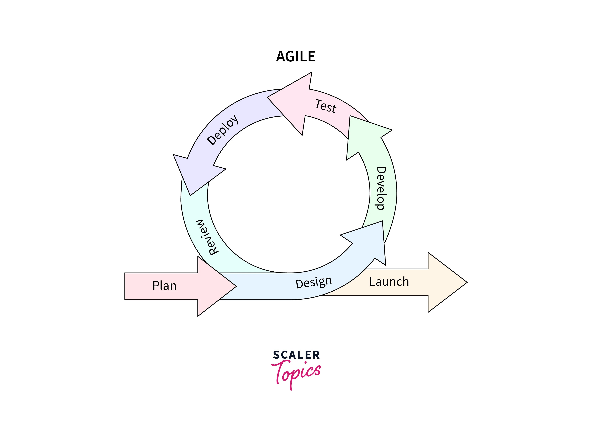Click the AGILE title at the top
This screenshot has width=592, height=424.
[x=296, y=57]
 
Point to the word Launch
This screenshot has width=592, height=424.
[x=389, y=282]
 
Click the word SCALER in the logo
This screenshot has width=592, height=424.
[x=296, y=355]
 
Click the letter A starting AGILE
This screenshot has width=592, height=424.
[x=281, y=57]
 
